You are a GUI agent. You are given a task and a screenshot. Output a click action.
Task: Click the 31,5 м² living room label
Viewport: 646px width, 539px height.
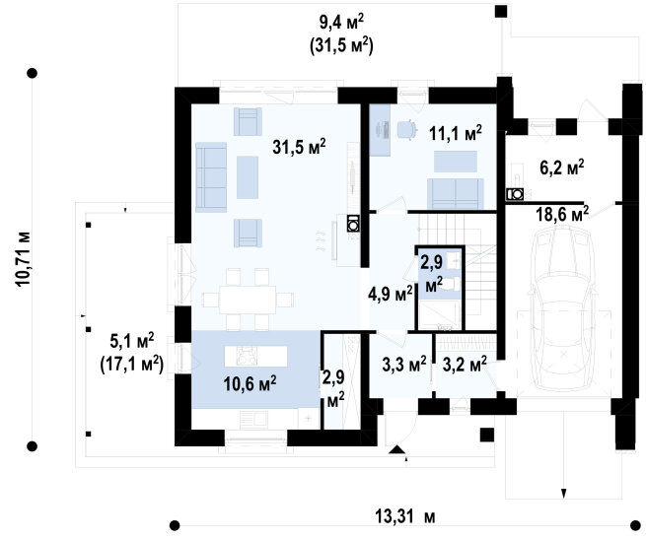tap(299, 147)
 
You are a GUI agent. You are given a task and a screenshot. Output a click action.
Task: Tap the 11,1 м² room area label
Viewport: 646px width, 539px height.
tap(456, 133)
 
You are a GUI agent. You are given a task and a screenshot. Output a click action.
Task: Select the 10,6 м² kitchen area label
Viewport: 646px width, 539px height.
tap(250, 383)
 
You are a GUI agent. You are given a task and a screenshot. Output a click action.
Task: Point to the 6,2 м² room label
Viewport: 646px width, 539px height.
tap(562, 168)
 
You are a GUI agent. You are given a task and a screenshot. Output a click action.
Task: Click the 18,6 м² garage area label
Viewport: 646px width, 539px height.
tap(562, 214)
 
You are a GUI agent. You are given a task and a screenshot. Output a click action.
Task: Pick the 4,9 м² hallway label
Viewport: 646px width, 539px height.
tap(391, 294)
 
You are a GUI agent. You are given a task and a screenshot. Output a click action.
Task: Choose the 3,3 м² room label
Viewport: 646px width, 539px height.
tap(404, 364)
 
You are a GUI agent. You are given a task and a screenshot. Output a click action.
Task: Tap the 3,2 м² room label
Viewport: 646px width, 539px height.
tap(465, 364)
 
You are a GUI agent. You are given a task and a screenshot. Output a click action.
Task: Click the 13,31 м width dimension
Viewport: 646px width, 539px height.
tap(405, 516)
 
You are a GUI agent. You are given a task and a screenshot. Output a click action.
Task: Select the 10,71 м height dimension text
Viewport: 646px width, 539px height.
tap(23, 259)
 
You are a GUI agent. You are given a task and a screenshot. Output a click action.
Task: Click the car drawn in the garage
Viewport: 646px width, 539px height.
tap(563, 307)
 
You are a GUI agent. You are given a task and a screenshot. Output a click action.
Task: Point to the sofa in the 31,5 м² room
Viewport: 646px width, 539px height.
tap(211, 177)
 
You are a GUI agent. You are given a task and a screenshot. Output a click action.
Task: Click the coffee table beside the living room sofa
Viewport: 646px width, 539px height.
tap(248, 177)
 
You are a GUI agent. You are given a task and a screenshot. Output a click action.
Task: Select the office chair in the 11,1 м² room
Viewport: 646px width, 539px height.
tap(407, 129)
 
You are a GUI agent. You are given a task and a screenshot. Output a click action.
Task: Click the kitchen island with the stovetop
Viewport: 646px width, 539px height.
tap(255, 356)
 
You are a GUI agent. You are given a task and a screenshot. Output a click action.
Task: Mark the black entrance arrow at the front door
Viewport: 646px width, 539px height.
tap(396, 449)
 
